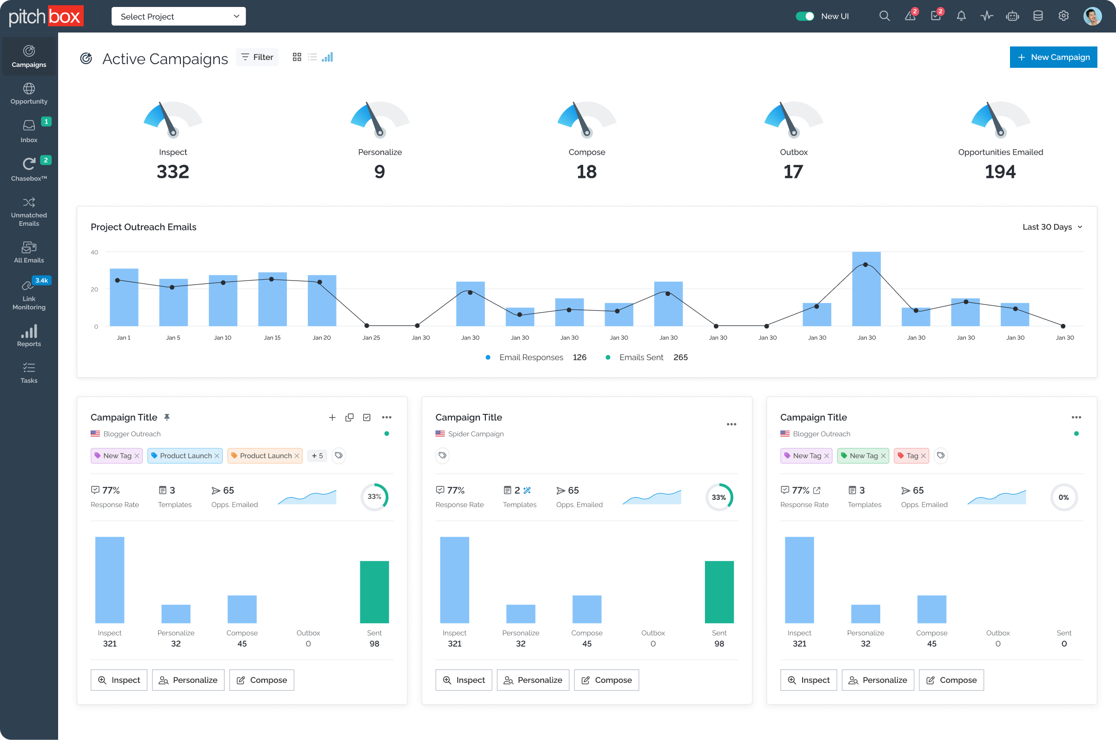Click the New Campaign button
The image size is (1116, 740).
tap(1053, 57)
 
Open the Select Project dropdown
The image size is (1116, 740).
tap(178, 17)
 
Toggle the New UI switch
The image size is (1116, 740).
tap(804, 16)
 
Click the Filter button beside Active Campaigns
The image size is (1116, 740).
tap(258, 57)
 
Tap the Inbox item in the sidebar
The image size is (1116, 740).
tap(29, 130)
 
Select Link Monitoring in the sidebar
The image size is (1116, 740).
tap(29, 295)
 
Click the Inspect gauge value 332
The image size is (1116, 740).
tap(173, 171)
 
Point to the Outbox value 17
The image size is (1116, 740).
tap(793, 171)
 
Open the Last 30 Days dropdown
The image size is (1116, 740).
tap(1052, 227)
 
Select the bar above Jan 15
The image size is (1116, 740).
tap(272, 300)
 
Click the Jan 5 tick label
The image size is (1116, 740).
tap(173, 337)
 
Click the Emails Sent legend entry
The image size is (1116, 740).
tap(640, 357)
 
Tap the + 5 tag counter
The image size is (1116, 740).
tap(317, 455)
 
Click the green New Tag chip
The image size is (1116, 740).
tap(863, 455)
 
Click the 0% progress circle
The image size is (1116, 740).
tap(1063, 497)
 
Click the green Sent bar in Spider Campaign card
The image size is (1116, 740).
tap(719, 592)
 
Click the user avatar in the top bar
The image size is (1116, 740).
tap(1092, 16)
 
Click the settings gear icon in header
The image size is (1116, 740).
tap(1063, 16)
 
